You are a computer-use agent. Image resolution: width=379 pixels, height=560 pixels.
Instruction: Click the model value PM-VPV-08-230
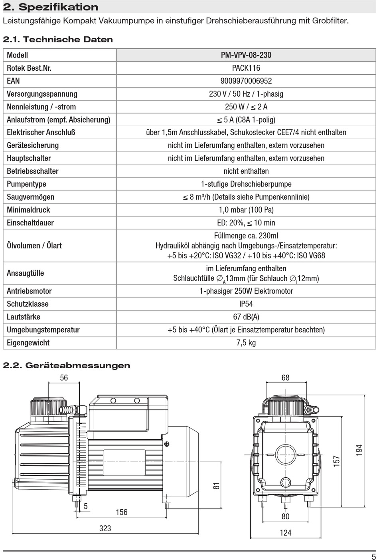click(246, 55)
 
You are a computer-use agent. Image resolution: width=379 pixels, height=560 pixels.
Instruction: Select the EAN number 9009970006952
click(246, 81)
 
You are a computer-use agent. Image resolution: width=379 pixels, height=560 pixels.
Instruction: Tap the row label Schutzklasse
click(28, 304)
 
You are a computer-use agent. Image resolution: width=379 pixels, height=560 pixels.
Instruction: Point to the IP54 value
click(246, 304)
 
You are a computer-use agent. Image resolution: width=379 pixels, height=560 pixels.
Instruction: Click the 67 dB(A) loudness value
click(246, 317)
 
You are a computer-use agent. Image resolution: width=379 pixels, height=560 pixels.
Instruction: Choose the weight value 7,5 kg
click(246, 343)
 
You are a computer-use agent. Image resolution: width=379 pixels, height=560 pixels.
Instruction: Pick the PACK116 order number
click(246, 68)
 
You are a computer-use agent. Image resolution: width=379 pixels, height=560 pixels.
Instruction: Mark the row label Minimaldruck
click(28, 210)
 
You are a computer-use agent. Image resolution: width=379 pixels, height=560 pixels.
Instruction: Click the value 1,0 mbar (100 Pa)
click(246, 210)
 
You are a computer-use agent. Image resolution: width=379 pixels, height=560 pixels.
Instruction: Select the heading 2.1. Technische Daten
click(58, 40)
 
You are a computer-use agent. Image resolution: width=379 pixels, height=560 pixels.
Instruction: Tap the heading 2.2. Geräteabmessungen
click(67, 365)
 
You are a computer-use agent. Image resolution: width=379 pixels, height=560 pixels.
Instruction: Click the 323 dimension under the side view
click(105, 528)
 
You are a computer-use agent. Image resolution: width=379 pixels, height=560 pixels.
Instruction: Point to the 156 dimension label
click(121, 512)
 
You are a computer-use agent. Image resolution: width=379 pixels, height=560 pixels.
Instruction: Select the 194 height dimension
click(359, 450)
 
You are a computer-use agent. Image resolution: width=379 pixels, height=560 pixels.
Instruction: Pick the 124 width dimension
click(285, 532)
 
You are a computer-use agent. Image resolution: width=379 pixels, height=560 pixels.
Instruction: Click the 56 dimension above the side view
click(64, 377)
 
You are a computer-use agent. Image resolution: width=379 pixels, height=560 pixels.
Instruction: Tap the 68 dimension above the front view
click(285, 377)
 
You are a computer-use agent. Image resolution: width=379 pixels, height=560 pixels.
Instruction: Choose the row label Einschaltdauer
click(30, 223)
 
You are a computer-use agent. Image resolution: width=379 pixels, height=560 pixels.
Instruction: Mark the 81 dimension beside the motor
click(216, 486)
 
